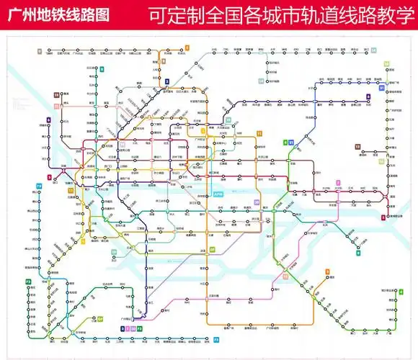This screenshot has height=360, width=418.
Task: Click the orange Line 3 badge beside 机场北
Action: pyautogui.click(x=186, y=48)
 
